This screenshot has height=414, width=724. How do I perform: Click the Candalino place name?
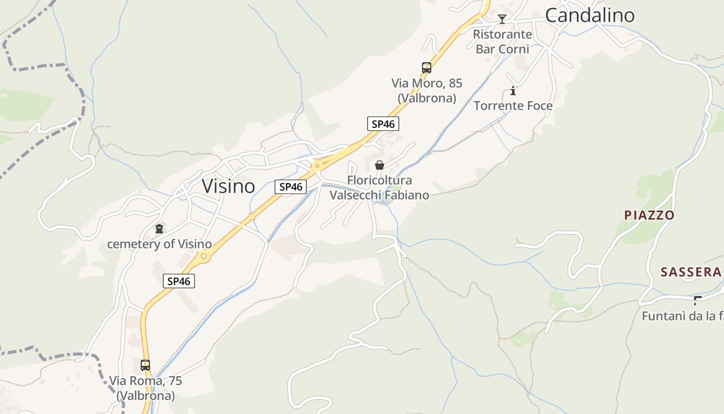[x=590, y=16]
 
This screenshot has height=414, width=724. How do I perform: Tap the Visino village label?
[x=228, y=186]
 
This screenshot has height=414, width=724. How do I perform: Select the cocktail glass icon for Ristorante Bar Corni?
[x=502, y=20]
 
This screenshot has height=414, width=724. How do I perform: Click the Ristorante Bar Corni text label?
[x=503, y=42]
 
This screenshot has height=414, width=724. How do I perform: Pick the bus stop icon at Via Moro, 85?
[x=427, y=68]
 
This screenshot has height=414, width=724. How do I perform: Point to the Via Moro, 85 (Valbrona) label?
[x=427, y=91]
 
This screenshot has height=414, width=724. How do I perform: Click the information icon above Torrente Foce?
[x=513, y=91]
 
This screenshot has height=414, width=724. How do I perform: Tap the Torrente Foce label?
[x=513, y=106]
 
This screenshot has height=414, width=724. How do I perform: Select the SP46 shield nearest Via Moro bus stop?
[x=383, y=124]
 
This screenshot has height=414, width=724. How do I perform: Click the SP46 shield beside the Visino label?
[x=291, y=187]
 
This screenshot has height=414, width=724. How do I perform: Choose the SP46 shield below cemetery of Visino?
[x=179, y=282]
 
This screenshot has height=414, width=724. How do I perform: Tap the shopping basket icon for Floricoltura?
[x=380, y=165]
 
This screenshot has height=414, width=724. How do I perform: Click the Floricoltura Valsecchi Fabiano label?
[x=380, y=188]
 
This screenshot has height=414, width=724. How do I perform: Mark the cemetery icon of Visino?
[x=159, y=228]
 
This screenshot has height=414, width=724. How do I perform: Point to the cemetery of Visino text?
[x=159, y=244]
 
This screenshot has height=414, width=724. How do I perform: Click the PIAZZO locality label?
[x=649, y=215]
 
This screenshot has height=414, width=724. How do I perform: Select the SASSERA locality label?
[x=690, y=272]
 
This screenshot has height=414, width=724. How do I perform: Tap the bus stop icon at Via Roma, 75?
[x=145, y=365]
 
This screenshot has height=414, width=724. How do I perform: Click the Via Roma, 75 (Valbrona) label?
[x=145, y=388]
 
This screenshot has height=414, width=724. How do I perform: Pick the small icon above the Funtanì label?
[x=698, y=300]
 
